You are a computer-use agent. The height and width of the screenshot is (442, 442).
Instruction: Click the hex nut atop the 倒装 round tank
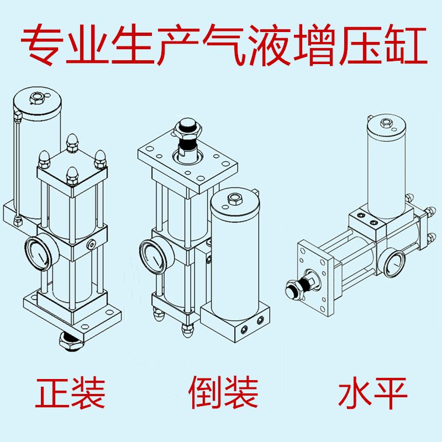point(233,197)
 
